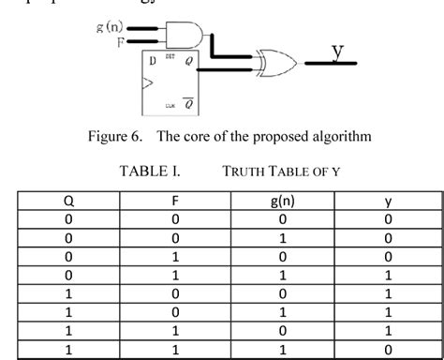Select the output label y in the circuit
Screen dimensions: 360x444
(336, 49)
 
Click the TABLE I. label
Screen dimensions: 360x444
(150, 172)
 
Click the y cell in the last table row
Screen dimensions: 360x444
(388, 350)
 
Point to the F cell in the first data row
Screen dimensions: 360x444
(175, 218)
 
